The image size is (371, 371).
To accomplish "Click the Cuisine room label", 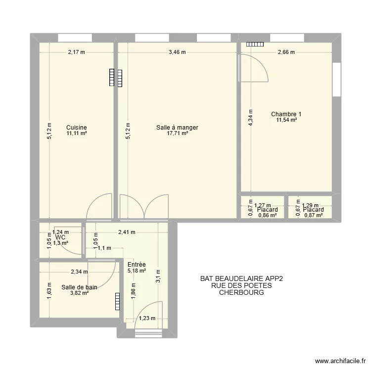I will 77,127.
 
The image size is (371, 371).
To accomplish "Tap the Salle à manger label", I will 177,127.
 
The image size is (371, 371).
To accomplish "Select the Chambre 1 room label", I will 286,114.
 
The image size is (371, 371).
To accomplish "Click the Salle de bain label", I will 79,287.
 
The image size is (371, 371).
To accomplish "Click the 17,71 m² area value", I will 178,133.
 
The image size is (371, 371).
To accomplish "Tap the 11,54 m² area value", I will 286,120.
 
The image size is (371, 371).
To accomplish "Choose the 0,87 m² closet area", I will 313,216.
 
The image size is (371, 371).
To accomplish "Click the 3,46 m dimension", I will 177,52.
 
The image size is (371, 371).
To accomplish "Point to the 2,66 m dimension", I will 286,52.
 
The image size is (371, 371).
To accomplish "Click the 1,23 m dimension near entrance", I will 147,319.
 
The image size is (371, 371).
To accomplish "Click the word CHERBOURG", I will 241,292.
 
